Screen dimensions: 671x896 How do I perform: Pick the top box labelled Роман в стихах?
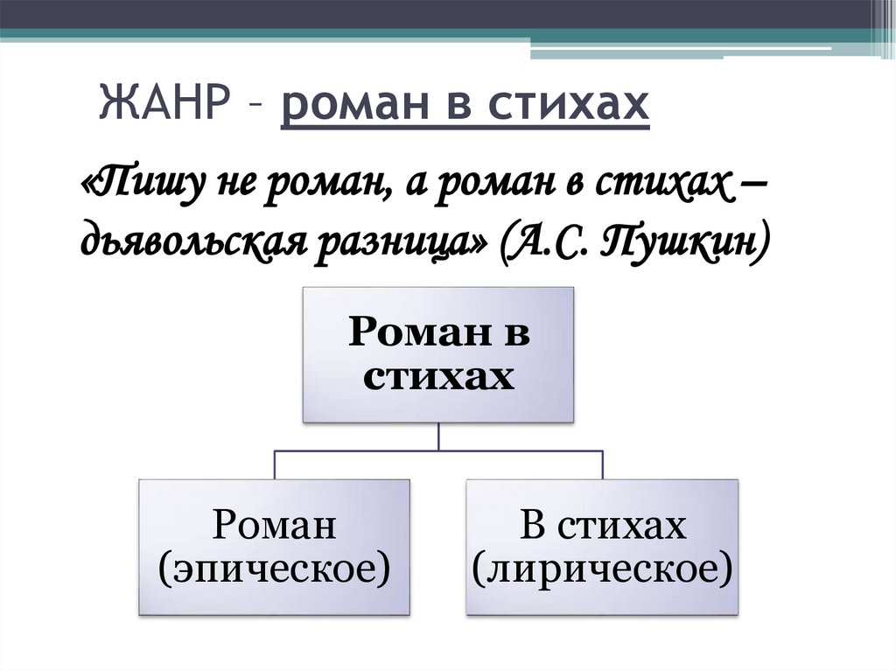click(438, 355)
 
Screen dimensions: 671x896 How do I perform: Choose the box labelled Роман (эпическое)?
click(275, 547)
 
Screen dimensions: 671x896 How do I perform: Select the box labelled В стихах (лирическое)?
click(601, 547)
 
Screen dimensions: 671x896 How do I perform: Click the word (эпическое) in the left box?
click(275, 570)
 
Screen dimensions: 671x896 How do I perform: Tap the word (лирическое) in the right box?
click(601, 570)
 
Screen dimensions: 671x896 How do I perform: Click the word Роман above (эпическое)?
click(275, 526)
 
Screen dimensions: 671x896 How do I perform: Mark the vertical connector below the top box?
click(438, 437)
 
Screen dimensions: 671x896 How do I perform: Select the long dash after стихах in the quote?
click(748, 185)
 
